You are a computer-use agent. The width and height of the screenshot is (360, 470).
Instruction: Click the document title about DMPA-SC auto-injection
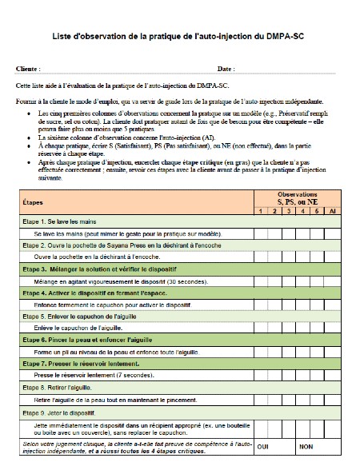pyautogui.click(x=179, y=37)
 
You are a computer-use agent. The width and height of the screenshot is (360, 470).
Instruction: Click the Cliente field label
pyautogui.click(x=28, y=69)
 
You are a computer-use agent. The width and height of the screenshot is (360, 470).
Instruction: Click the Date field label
pyautogui.click(x=226, y=69)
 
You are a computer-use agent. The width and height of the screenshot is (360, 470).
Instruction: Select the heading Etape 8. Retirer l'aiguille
pyautogui.click(x=64, y=387)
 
